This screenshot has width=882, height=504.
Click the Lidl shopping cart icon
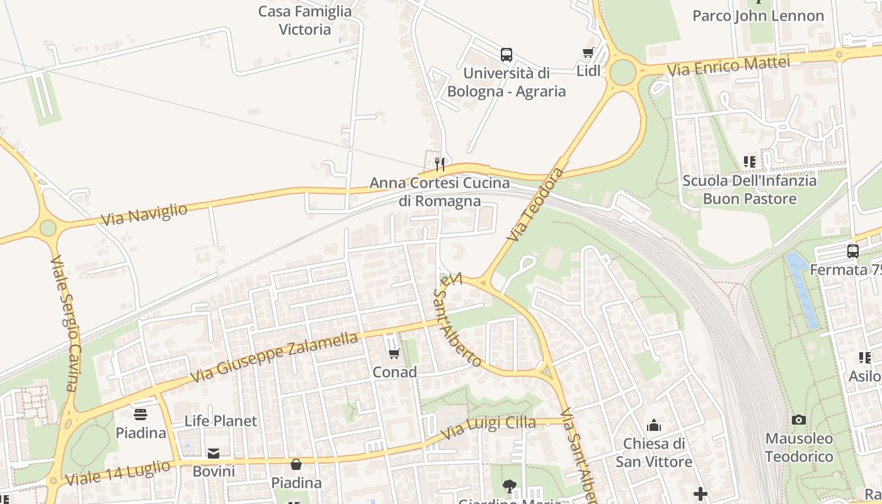point(588,53)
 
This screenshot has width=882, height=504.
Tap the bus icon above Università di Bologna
point(507,55)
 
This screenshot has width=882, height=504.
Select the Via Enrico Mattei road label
point(728,66)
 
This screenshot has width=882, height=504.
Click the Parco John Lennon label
point(758,16)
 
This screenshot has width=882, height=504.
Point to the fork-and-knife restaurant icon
point(440,164)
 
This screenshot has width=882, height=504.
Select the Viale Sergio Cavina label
point(66,323)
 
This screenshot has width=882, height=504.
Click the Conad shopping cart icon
point(394,354)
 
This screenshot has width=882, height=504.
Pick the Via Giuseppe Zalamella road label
point(274,357)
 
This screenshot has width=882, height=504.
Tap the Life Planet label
point(220,421)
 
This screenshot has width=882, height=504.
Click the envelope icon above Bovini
point(214,454)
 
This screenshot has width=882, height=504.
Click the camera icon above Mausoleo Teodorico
point(799,420)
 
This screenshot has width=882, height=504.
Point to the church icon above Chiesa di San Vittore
point(654,425)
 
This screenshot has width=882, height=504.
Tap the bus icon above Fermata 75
point(853,251)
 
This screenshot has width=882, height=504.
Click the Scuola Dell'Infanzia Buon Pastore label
point(750,190)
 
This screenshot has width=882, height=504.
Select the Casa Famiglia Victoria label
point(305,20)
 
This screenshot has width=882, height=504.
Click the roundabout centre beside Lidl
point(622,72)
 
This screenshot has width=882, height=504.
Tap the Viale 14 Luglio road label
point(118,472)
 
